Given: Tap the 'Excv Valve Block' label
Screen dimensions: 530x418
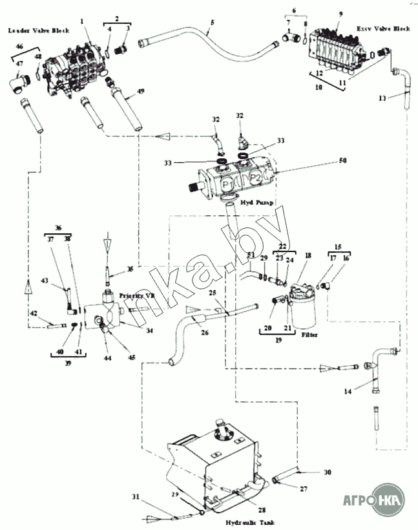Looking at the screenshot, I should point(383,29).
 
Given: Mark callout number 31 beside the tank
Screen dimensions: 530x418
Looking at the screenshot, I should point(135,496).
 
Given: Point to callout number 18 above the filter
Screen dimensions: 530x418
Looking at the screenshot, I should point(308,257).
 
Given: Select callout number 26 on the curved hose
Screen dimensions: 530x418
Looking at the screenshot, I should point(204,334).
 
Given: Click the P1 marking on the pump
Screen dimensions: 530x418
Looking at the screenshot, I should point(227,185).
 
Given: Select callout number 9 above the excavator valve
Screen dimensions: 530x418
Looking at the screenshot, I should point(341,14).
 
